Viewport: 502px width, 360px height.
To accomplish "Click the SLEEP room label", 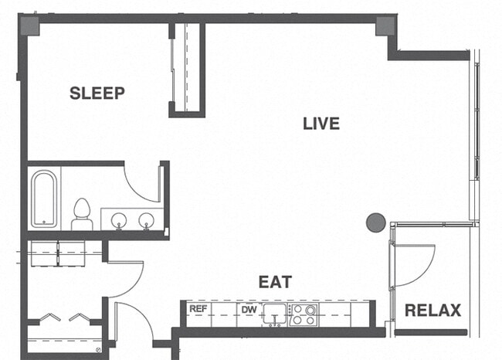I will [x=97, y=93].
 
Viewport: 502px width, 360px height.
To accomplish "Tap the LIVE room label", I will [x=321, y=124].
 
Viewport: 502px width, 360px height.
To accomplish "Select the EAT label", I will [x=275, y=282].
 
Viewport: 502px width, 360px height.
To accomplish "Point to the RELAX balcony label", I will [x=432, y=311].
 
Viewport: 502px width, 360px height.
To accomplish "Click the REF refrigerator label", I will [x=198, y=310].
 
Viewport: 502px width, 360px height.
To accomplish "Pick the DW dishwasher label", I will [x=249, y=310].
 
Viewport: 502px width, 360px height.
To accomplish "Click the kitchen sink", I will [x=273, y=314].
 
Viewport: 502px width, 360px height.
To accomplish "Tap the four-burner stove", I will [x=303, y=314].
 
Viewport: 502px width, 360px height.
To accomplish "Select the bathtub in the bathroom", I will [x=44, y=199].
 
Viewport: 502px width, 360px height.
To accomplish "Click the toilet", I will [x=82, y=214].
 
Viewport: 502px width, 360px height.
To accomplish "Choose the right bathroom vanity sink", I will [x=145, y=220].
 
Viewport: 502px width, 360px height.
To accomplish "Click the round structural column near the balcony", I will [x=376, y=223].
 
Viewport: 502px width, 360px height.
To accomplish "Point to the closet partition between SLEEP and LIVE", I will [x=186, y=69].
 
